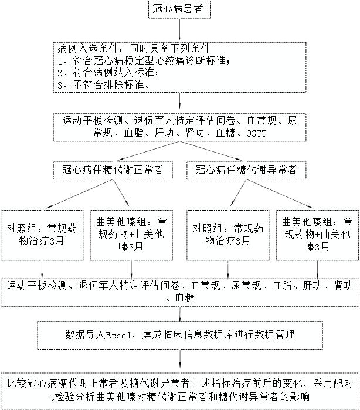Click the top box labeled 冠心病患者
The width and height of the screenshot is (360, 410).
click(179, 9)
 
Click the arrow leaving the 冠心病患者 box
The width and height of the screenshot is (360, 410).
click(179, 29)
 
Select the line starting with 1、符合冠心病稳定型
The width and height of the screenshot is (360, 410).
click(144, 61)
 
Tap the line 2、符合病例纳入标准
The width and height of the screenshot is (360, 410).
click(108, 73)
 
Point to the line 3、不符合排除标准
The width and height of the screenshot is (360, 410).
click(104, 84)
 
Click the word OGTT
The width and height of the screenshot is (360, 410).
click(256, 133)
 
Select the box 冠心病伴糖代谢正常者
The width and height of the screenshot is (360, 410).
click(113, 170)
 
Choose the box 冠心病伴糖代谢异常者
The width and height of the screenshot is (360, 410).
click(246, 170)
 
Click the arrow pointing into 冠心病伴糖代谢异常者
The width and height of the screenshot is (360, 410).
click(211, 151)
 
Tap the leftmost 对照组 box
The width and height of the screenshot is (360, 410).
click(42, 235)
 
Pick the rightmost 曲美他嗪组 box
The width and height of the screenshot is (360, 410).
click(317, 235)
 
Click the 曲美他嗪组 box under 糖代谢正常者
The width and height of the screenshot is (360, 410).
click(131, 235)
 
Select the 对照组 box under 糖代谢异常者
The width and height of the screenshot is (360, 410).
click(228, 235)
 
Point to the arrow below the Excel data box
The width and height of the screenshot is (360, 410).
click(179, 360)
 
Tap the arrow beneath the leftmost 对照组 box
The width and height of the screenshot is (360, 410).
click(42, 270)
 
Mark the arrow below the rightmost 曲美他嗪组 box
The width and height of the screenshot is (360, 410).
click(317, 270)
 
